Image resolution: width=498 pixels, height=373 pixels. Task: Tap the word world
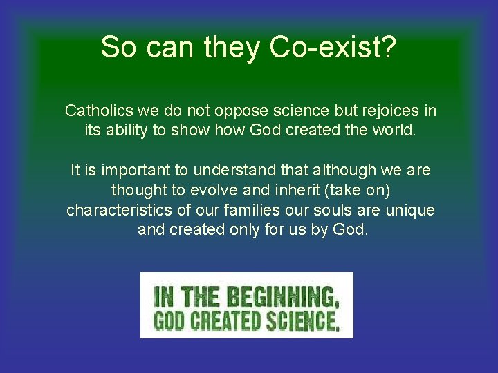(393, 130)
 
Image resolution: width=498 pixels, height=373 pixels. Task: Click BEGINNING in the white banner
(282, 297)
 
